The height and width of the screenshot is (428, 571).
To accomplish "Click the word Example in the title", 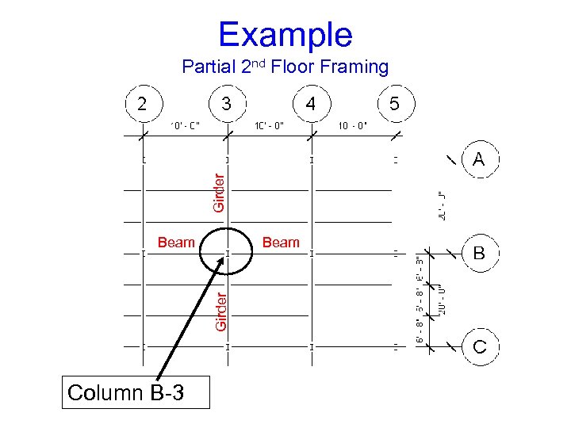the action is pos(285,35).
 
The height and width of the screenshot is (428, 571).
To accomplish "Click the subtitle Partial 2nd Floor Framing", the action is pos(285,67).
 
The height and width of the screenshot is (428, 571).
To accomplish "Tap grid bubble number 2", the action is pos(142,104).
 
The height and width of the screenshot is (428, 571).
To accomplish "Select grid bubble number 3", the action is pos(227,104).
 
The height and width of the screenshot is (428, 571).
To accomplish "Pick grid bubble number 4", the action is pos(312,104).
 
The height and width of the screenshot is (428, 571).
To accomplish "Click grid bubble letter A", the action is pos(479,160).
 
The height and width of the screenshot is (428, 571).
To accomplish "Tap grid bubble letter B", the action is pos(479,254).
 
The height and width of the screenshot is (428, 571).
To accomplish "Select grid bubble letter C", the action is pos(479,346).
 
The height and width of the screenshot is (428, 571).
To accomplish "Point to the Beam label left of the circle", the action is pos(176,243).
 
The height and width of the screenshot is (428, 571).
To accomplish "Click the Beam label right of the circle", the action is pos(281,243).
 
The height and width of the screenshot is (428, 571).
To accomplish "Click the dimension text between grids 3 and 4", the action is pos(269,124).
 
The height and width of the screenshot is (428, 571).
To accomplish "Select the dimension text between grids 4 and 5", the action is pos(354,124).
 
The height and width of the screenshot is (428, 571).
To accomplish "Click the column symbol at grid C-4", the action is pos(312,346).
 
